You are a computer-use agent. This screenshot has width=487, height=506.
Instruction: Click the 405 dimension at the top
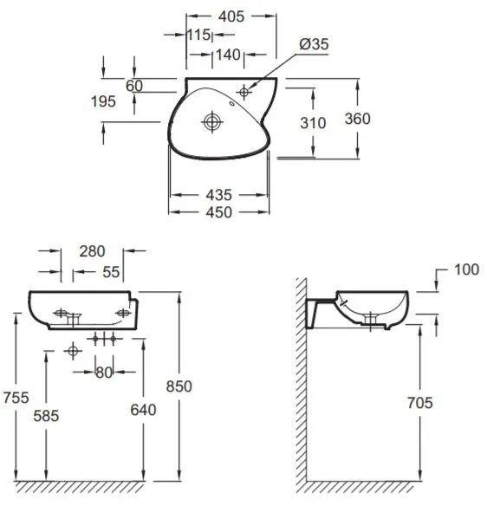231,16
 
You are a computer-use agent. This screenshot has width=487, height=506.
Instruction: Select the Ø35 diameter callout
314,44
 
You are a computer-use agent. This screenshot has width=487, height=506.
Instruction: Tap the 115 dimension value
198,35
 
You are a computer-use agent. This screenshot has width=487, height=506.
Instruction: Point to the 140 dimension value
228,55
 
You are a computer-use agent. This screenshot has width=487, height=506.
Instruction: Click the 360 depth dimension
357,119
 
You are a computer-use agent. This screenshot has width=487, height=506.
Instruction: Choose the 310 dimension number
313,123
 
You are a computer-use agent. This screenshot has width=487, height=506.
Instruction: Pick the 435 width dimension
219,195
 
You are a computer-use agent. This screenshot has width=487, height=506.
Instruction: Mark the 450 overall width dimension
219,212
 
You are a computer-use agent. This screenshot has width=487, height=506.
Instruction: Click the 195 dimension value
103,101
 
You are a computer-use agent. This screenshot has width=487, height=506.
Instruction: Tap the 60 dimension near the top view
134,86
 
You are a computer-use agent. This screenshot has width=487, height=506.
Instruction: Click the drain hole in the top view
212,122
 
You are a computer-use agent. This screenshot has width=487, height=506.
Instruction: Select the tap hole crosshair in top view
244,93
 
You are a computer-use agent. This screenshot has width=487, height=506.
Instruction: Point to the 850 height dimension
179,386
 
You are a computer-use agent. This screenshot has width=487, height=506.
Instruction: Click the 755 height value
16,397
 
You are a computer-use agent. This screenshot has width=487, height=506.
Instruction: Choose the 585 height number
46,416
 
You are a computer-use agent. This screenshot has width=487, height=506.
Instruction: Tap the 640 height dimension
143,410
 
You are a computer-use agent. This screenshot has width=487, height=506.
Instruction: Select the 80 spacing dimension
104,373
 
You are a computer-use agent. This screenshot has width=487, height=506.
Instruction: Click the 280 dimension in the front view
93,251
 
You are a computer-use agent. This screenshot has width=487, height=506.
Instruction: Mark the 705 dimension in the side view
419,403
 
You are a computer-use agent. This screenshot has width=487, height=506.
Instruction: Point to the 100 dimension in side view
466,269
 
